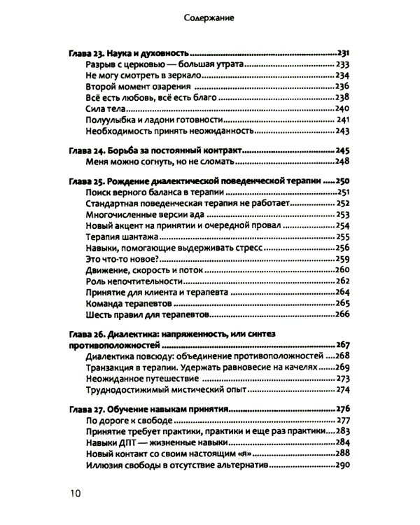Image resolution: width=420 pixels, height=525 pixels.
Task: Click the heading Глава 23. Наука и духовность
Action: click(131, 54)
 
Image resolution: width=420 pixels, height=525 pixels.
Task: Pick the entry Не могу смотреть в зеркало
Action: click(139, 76)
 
